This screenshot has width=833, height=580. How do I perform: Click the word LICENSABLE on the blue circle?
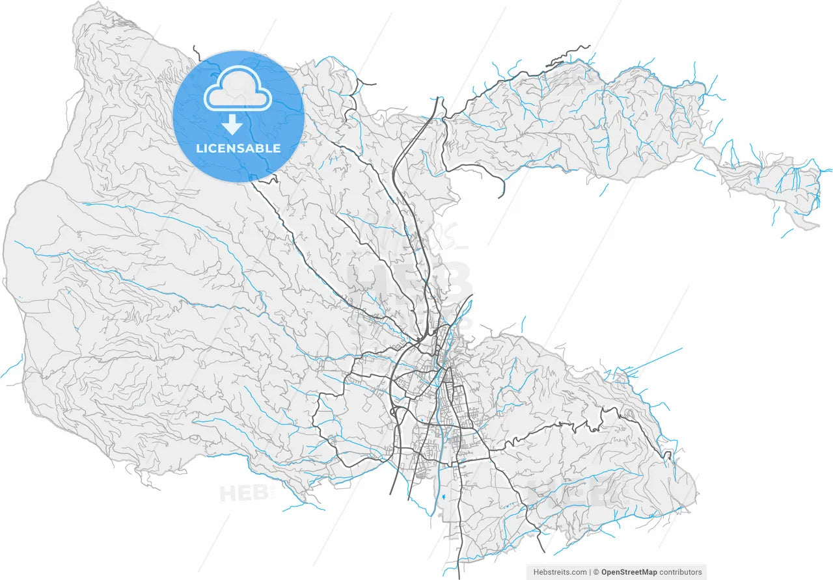(x=238, y=148)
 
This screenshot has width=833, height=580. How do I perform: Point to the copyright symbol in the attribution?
(x=595, y=572)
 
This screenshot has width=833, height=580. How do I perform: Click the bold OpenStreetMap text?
(x=629, y=572)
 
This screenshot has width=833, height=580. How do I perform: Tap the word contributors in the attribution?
(x=681, y=572)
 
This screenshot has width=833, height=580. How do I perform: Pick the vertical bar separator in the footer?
(x=590, y=572)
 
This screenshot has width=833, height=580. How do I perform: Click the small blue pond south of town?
(x=442, y=498)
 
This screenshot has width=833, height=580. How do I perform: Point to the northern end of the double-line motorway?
(x=437, y=99)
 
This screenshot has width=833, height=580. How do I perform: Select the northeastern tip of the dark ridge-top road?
(x=588, y=46)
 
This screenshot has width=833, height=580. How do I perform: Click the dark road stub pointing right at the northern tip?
(x=374, y=84)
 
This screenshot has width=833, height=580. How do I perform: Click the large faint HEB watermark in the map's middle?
(x=410, y=280)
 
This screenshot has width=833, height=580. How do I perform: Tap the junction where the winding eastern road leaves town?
(x=489, y=449)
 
